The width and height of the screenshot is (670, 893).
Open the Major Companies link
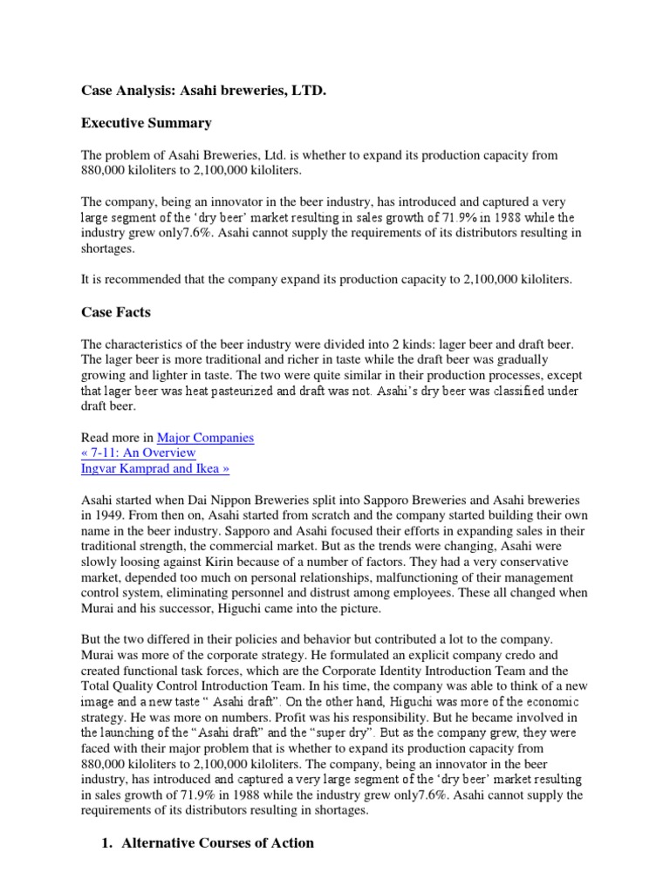[x=205, y=438]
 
